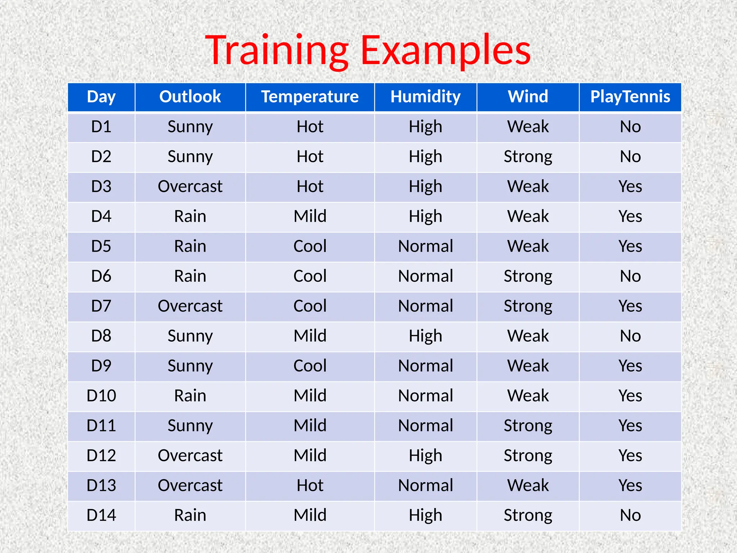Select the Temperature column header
tap(310, 97)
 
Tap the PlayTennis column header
tap(630, 97)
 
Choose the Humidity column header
tap(425, 97)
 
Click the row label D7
tap(101, 306)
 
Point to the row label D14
tap(101, 515)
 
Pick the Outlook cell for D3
tap(190, 186)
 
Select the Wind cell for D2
tap(528, 157)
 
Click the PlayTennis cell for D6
tap(630, 276)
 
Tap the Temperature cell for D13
tap(310, 485)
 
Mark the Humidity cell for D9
tap(425, 366)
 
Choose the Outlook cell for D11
tap(190, 426)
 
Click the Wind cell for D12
tap(528, 455)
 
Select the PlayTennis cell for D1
tap(630, 127)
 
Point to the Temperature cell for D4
tap(310, 216)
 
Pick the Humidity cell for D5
tap(425, 246)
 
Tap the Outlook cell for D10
tap(190, 396)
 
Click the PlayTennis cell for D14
tap(630, 515)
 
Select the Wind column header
tap(528, 97)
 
